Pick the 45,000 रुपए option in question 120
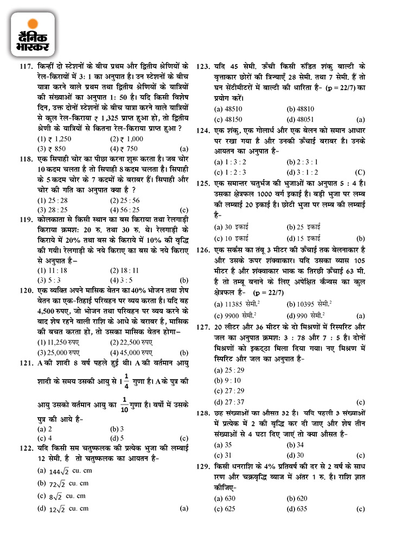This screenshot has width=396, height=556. point(132,351)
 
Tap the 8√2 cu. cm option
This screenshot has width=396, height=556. point(61,496)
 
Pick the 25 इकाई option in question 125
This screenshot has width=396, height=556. point(303,226)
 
